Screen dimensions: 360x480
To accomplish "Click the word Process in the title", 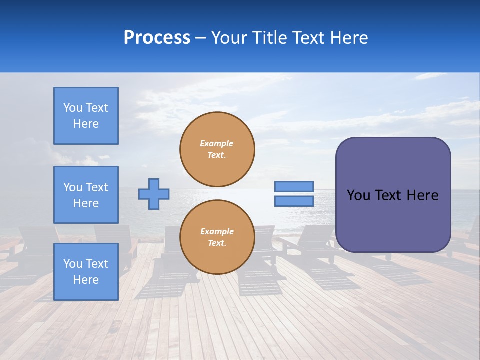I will tap(157, 38).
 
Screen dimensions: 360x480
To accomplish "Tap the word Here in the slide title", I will tap(348, 38).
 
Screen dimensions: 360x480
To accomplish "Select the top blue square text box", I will tap(86, 116).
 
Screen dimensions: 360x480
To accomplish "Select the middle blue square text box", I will tap(86, 195).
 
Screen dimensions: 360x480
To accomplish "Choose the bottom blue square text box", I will tap(86, 272).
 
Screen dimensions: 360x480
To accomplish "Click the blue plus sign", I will tap(154, 194).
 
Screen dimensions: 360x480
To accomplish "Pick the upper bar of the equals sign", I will tap(294, 186).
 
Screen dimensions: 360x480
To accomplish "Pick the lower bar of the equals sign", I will tap(294, 201).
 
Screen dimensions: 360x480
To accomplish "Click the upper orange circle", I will tap(217, 149).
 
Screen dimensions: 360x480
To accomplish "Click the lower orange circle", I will tap(217, 237).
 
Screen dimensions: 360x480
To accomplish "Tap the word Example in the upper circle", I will tap(217, 143).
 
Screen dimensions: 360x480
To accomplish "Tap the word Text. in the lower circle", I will tap(217, 243).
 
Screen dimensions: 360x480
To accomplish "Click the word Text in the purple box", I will tap(388, 195).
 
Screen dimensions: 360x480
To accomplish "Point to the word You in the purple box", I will tap(358, 195).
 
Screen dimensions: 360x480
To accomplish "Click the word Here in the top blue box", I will tap(86, 124).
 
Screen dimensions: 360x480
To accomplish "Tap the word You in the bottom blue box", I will tap(73, 264).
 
